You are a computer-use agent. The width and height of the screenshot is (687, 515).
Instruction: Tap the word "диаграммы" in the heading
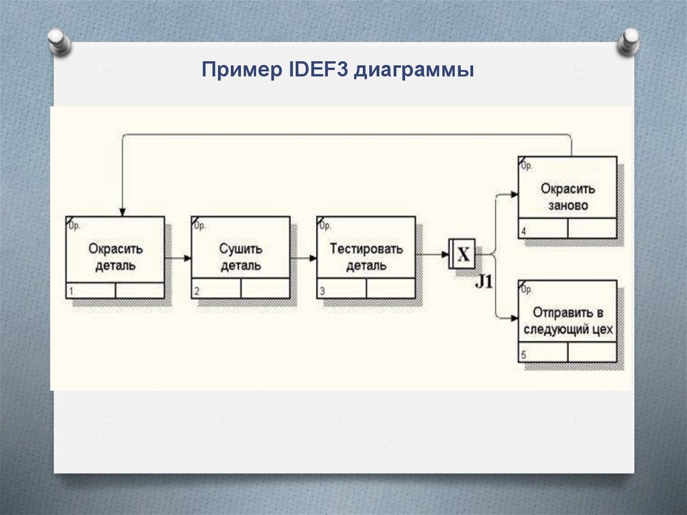pyautogui.click(x=414, y=71)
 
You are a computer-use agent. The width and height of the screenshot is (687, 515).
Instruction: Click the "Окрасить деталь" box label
pyautogui.click(x=115, y=256)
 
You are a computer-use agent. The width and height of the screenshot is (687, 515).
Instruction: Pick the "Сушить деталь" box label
pyautogui.click(x=241, y=256)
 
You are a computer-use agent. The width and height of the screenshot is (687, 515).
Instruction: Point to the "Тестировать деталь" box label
pyautogui.click(x=366, y=256)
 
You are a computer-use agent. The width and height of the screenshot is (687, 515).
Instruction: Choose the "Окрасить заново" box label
pyautogui.click(x=568, y=197)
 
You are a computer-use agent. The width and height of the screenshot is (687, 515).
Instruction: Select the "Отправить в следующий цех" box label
pyautogui.click(x=568, y=321)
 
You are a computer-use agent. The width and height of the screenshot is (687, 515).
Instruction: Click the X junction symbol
pyautogui.click(x=462, y=254)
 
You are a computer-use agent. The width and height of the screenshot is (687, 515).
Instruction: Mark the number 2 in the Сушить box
pyautogui.click(x=196, y=291)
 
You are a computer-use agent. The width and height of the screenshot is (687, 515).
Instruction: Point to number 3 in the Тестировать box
pyautogui.click(x=322, y=291)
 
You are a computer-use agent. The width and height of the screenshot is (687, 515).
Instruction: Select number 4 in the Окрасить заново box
pyautogui.click(x=523, y=232)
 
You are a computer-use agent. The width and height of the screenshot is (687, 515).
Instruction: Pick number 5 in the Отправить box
pyautogui.click(x=523, y=356)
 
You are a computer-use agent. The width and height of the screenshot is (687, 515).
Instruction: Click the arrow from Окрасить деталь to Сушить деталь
pyautogui.click(x=178, y=257)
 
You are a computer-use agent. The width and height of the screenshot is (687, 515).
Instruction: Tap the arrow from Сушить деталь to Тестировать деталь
pyautogui.click(x=303, y=257)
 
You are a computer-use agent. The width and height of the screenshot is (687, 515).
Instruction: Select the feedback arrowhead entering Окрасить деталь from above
pyautogui.click(x=121, y=211)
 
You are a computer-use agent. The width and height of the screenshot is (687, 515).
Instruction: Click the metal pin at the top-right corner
pyautogui.click(x=630, y=40)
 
